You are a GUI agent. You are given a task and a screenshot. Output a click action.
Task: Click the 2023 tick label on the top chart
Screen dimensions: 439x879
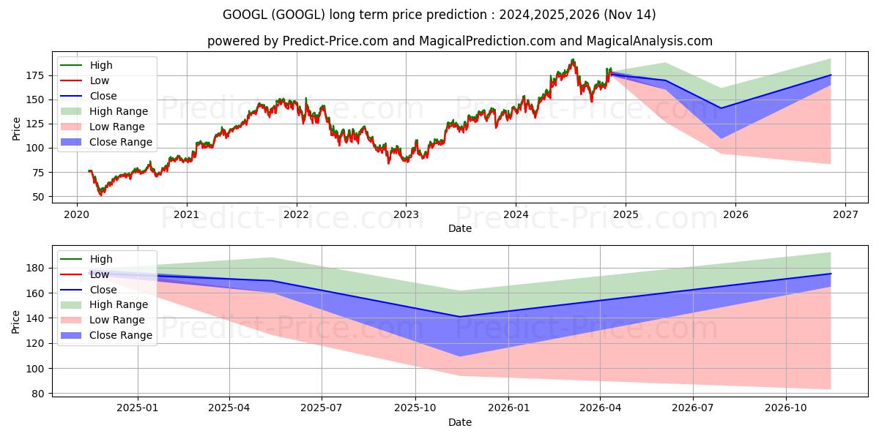click(406, 214)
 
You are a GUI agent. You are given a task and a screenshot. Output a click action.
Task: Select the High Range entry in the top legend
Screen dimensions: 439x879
click(119, 111)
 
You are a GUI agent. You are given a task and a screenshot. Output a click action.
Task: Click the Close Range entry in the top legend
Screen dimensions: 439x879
click(121, 142)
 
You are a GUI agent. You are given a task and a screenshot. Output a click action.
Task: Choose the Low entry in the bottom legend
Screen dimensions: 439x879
click(100, 274)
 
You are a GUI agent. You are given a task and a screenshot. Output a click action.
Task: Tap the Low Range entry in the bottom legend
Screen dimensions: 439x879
click(118, 320)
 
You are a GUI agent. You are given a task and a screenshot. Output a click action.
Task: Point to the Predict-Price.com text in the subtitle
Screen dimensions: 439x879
click(335, 41)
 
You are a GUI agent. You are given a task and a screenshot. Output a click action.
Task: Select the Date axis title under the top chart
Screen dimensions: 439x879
click(460, 228)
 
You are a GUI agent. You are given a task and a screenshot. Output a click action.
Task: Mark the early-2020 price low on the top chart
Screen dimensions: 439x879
click(101, 194)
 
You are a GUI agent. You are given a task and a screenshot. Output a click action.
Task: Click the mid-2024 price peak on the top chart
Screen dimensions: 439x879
click(573, 60)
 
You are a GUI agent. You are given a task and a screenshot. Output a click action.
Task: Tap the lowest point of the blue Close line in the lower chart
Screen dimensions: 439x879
click(459, 317)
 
